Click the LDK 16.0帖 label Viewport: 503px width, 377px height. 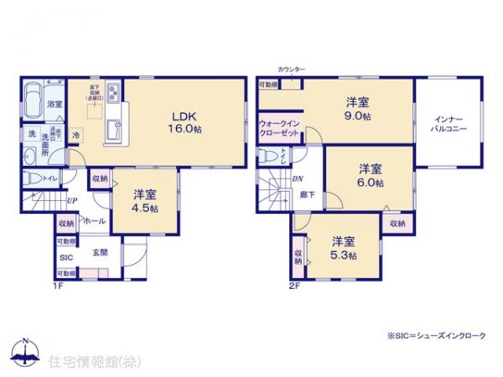tap(186, 121)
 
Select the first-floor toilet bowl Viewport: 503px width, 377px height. tap(32, 178)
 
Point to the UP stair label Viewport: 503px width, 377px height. tap(73, 201)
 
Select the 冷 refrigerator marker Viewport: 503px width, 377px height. tap(75, 135)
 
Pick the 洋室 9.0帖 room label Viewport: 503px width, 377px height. tap(358, 110)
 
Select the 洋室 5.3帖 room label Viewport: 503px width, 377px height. tap(342, 249)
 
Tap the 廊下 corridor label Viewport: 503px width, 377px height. tap(307, 194)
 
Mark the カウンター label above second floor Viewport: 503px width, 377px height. tap(291, 69)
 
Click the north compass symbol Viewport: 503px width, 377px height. tap(25, 352)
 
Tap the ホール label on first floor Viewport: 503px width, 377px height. tap(93, 220)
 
